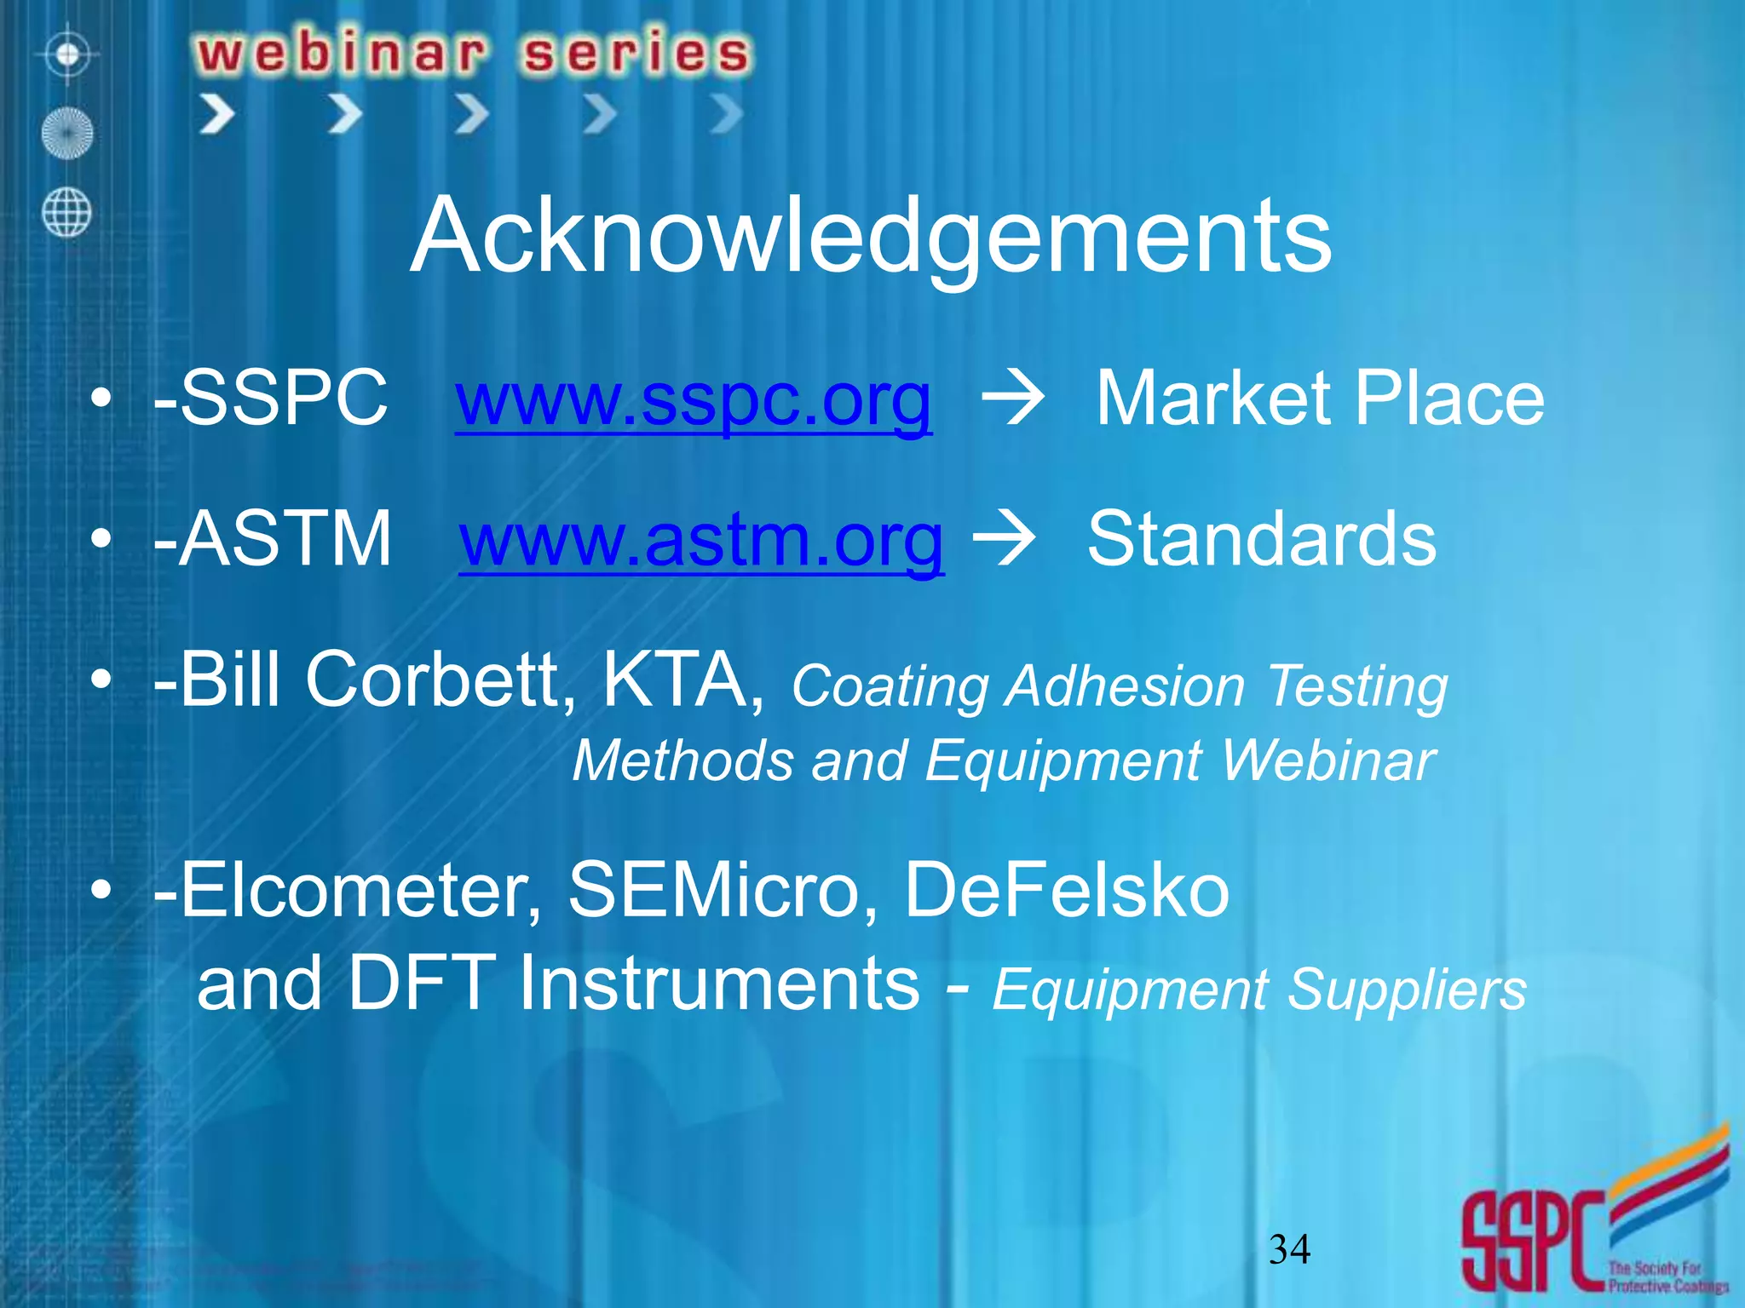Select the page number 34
tap(1289, 1249)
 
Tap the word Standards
tap(1262, 538)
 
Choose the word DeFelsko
tap(1066, 890)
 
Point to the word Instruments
tap(719, 984)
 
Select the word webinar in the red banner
tap(342, 53)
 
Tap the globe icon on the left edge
tap(66, 212)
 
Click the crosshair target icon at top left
tap(68, 55)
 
